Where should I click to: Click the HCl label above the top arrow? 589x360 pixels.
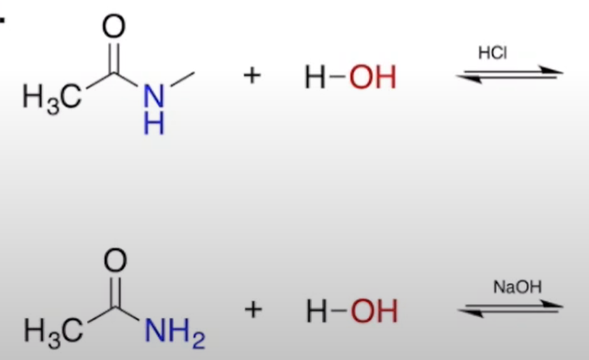click(x=492, y=54)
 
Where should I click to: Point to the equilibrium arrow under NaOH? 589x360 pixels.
click(x=510, y=309)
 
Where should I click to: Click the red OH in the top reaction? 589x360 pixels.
click(x=373, y=77)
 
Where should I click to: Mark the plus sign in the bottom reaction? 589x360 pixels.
click(x=252, y=309)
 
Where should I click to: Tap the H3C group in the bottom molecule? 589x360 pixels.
click(x=51, y=331)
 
